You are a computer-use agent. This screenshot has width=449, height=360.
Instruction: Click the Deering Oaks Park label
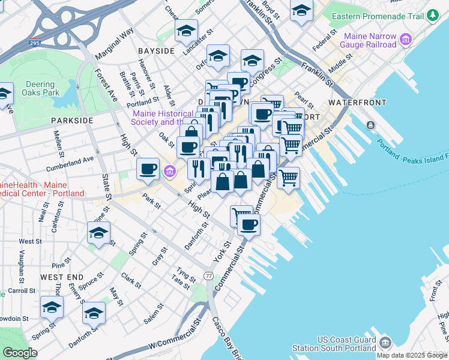tap(41, 88)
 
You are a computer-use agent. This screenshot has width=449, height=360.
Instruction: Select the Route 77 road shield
tap(208, 275)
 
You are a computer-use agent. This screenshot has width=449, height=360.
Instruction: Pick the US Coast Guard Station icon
tap(385, 343)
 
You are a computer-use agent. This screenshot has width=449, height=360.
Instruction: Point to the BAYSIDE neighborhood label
tap(155, 51)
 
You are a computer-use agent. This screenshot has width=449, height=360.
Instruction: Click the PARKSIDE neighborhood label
tap(72, 121)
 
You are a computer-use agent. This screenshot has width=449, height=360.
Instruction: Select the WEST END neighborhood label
tap(61, 277)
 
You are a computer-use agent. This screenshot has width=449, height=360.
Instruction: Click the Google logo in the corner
tap(19, 352)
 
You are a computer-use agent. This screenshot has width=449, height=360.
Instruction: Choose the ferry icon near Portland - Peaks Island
tap(370, 125)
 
